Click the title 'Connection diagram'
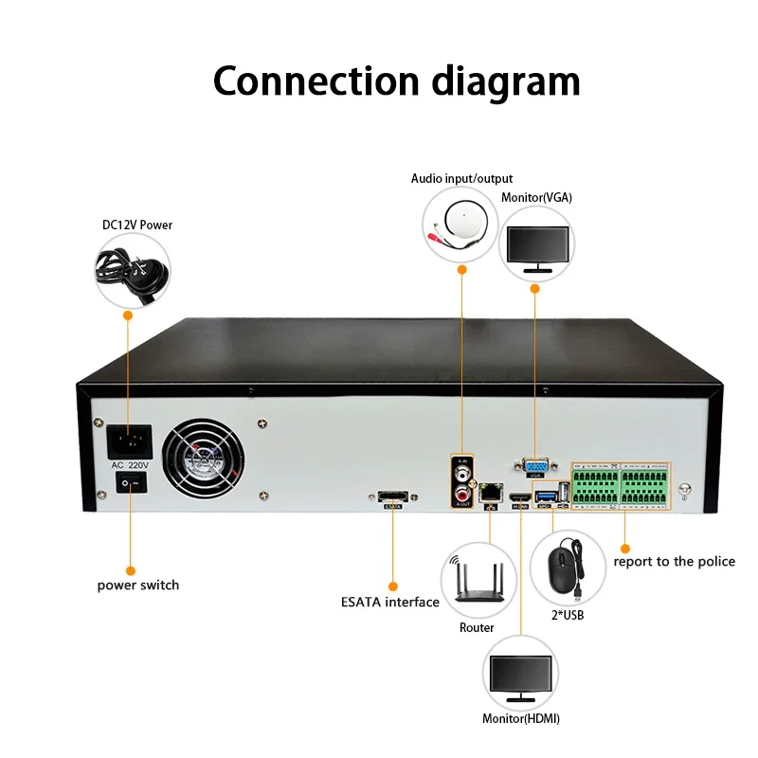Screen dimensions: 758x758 [396, 81]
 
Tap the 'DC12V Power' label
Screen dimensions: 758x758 [138, 225]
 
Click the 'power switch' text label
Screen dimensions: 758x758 [138, 585]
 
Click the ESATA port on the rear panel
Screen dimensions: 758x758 [393, 496]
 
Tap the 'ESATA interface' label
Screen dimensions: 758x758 [390, 602]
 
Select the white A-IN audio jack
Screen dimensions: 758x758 [461, 468]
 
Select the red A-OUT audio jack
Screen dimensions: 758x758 [461, 492]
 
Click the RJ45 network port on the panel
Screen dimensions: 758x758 [491, 493]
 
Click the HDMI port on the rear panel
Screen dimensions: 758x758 [519, 498]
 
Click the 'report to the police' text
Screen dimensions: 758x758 [674, 562]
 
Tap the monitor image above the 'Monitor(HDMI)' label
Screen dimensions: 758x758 [520, 677]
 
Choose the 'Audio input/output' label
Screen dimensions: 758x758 [461, 178]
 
